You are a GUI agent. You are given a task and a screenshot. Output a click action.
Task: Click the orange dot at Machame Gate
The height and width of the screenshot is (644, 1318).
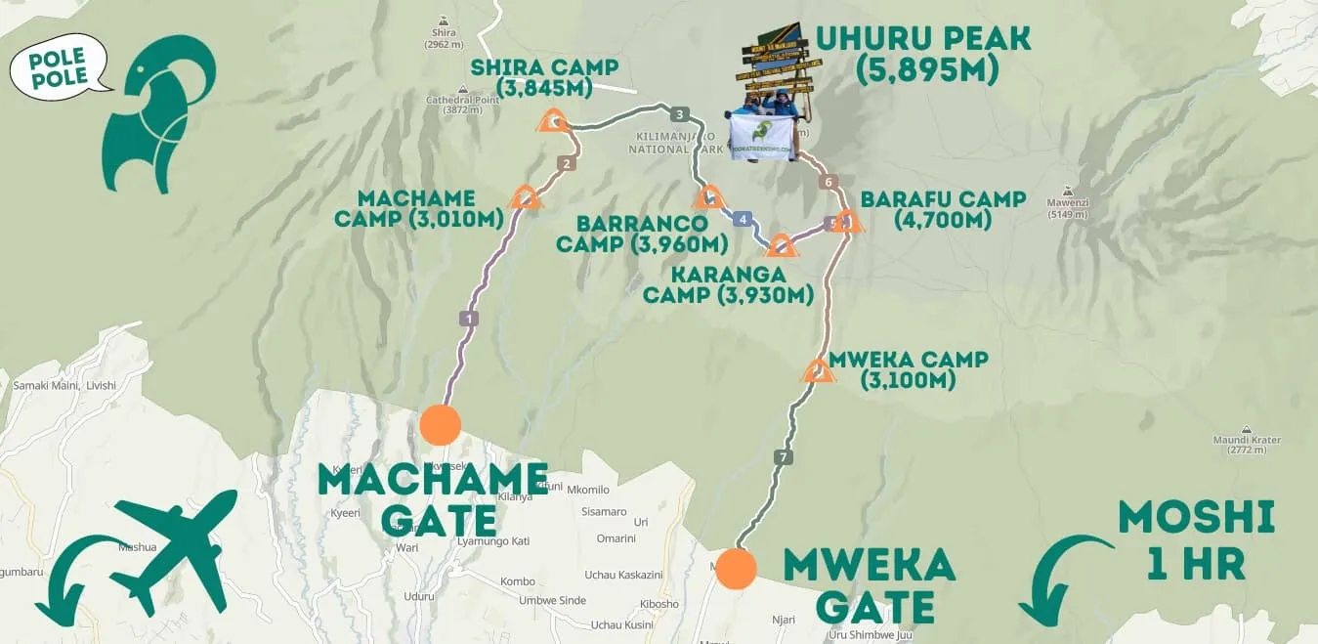click(x=440, y=425)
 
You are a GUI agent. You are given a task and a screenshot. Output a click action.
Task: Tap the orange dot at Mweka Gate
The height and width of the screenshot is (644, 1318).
click(x=736, y=569)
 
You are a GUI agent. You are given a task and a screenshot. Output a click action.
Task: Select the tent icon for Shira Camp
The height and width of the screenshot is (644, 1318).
click(x=553, y=121)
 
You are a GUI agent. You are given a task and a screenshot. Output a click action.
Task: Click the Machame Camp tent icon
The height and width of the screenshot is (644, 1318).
click(x=526, y=197)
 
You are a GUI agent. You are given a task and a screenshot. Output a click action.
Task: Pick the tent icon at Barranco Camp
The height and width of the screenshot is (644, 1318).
click(x=708, y=197)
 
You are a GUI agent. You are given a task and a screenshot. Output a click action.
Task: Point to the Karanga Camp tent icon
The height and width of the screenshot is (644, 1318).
click(x=783, y=245)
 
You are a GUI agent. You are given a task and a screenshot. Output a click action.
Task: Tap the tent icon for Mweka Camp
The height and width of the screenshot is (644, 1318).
click(x=817, y=371)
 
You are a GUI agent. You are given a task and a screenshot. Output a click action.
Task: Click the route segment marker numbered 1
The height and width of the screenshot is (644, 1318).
click(x=470, y=318)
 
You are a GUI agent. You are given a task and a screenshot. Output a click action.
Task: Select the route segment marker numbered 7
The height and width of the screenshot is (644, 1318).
click(x=782, y=456)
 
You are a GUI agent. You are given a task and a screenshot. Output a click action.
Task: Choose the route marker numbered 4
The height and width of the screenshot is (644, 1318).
click(x=744, y=219)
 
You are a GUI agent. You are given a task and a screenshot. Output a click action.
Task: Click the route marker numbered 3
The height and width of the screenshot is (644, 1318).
click(x=681, y=112)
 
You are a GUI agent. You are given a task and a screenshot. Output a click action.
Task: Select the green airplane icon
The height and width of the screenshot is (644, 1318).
click(x=176, y=547)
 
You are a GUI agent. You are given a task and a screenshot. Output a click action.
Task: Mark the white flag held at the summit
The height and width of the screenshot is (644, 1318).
click(x=761, y=137)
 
